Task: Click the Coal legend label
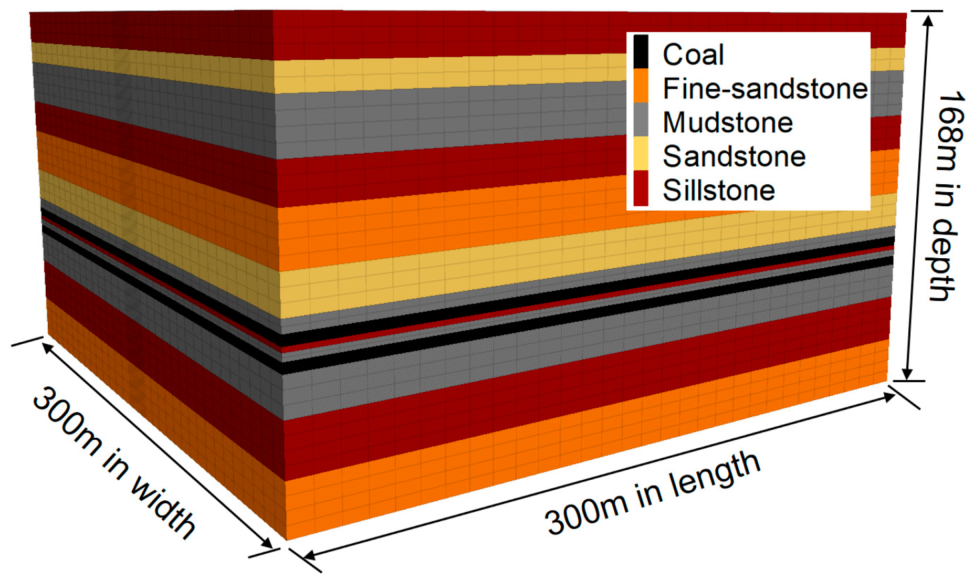coord(693,55)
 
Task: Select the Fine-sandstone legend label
coord(764,88)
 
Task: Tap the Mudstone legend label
coord(728,122)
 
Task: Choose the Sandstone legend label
coord(734,156)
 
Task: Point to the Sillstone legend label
coord(718,190)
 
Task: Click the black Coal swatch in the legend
coord(641,51)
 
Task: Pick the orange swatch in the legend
coord(641,85)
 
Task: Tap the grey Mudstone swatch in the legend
coord(641,119)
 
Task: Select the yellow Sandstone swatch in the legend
coord(641,153)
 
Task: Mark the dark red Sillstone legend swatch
coord(641,187)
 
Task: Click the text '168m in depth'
coord(945,197)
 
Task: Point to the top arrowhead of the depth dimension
coord(928,20)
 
